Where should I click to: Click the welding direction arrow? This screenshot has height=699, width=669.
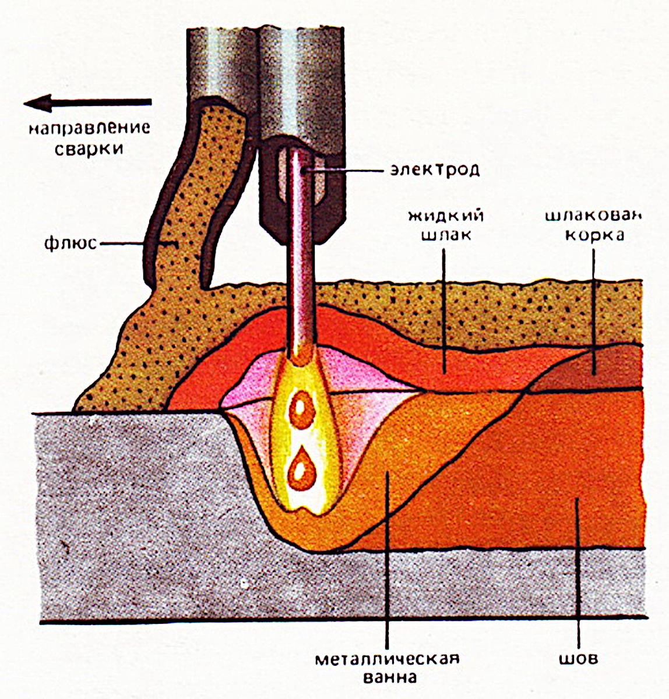pos(87,103)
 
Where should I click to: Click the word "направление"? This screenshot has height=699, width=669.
pos(90,128)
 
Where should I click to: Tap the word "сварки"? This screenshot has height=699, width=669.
pos(89,149)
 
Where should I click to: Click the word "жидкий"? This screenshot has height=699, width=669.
pos(446,216)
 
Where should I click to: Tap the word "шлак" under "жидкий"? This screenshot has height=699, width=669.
pos(446,235)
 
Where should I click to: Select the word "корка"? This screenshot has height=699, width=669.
pos(594,235)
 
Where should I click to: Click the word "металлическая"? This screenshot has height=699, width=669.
pos(388,659)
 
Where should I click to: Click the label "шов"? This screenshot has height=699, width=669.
pos(579,659)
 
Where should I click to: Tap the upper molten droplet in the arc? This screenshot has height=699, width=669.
pos(301,410)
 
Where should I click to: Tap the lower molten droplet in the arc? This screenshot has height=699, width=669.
pos(301,469)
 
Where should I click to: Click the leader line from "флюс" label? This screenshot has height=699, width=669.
pos(139,244)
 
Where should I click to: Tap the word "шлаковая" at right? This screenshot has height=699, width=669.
pos(593,216)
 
